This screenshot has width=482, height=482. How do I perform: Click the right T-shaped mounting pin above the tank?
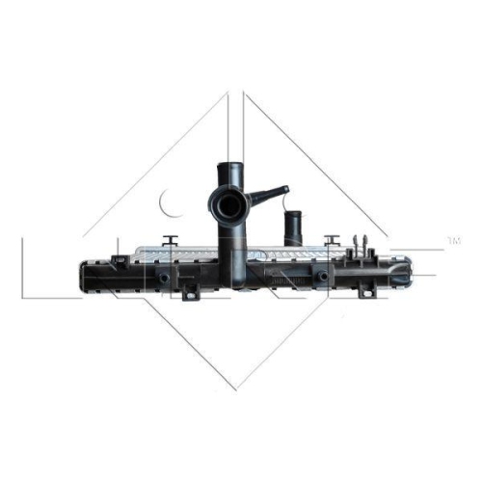pyautogui.click(x=333, y=238)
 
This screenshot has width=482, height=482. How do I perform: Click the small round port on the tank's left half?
pyautogui.click(x=163, y=280)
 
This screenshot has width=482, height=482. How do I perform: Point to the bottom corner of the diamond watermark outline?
pyautogui.click(x=236, y=388)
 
